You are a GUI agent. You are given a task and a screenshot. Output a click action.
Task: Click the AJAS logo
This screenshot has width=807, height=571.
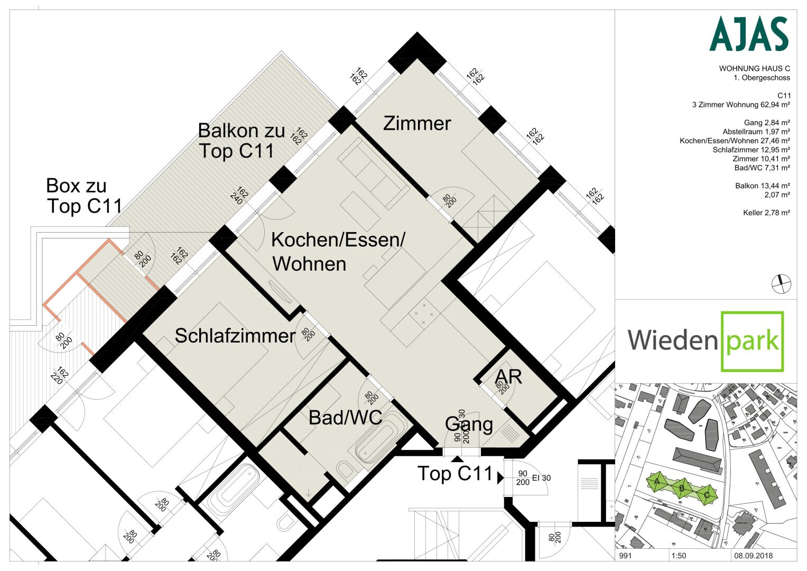(x=748, y=34)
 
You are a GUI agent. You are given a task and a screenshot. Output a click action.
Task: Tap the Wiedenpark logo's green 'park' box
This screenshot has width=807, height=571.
(x=752, y=341)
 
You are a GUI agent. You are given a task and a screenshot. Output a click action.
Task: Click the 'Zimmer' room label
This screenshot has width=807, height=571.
(x=417, y=124)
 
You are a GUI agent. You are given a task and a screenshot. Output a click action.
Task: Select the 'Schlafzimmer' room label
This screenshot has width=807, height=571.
(x=235, y=336)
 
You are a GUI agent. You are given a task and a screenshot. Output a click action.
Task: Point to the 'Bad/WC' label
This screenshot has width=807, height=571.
(x=345, y=418)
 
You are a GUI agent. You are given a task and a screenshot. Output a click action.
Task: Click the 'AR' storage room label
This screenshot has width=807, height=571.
(x=508, y=377)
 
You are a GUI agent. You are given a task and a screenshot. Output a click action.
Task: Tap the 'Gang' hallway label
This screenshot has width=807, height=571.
(x=469, y=424)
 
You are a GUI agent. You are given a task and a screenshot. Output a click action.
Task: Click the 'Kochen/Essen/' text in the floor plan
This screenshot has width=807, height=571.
(x=338, y=240)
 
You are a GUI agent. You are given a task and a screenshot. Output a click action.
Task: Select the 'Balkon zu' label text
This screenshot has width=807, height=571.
(x=241, y=131)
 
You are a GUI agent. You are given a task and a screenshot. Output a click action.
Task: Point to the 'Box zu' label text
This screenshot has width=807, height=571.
(x=76, y=186)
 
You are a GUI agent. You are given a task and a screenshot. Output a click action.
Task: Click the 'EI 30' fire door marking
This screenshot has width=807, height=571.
(x=541, y=478)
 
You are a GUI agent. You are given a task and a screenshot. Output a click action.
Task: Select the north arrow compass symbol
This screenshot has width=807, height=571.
(x=781, y=284)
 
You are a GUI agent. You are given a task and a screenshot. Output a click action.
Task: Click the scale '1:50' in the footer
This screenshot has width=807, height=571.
(x=679, y=556)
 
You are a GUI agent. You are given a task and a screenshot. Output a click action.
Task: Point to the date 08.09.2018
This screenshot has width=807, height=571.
(x=753, y=556)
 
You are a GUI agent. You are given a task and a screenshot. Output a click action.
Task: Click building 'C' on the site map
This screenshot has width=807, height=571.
(x=707, y=495)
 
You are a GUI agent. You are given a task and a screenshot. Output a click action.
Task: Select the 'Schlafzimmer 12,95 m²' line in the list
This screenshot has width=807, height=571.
(x=751, y=150)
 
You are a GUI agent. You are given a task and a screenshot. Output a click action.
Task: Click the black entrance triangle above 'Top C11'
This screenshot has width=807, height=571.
(x=457, y=458)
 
